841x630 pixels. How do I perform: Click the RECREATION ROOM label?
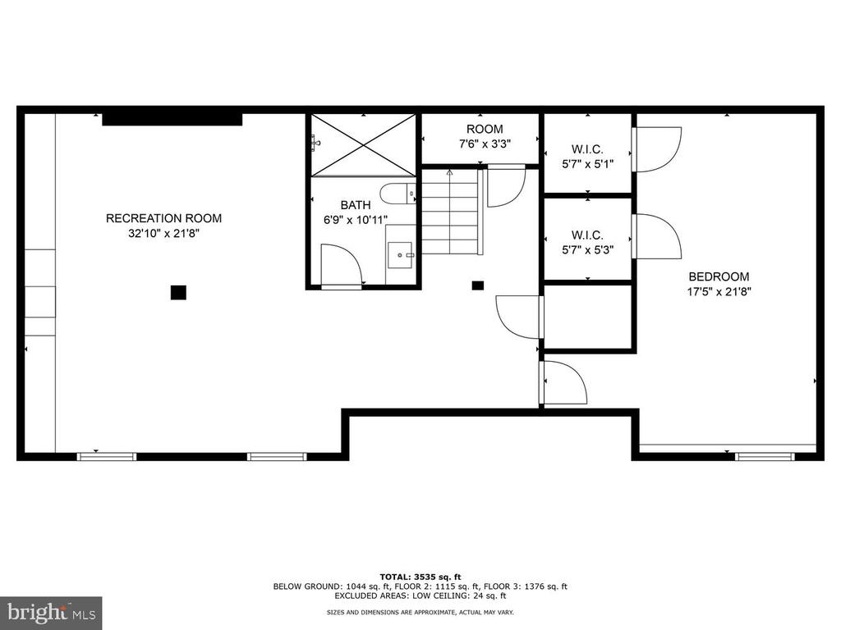[x=163, y=218]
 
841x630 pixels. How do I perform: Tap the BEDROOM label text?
[x=719, y=276]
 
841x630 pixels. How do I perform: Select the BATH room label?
[x=355, y=204]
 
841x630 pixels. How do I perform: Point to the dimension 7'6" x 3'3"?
[x=485, y=144]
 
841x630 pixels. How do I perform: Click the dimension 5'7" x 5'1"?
[x=587, y=164]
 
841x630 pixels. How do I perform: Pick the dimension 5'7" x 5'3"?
[x=587, y=249]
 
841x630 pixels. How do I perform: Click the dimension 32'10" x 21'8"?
[x=163, y=233]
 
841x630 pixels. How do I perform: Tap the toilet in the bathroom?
[x=398, y=194]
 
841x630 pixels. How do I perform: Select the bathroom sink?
[x=401, y=255]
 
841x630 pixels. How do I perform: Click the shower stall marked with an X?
[x=364, y=144]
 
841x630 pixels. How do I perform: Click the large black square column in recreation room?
[x=178, y=293]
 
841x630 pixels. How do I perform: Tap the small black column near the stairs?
[x=477, y=285]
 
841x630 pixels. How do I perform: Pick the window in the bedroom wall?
[x=765, y=456]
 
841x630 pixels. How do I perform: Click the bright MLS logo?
[x=51, y=613]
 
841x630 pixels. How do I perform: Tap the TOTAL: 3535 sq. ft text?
[x=420, y=577]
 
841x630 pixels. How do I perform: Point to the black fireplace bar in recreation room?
[x=172, y=119]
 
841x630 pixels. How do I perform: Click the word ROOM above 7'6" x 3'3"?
[x=485, y=129]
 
